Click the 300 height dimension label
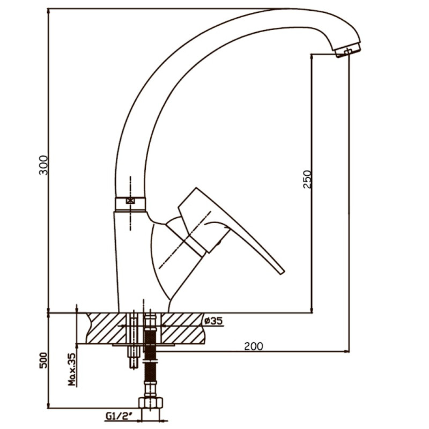tap(43, 165)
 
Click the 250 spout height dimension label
tap(307, 179)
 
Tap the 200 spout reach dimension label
tap(253, 346)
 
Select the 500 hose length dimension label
tap(43, 360)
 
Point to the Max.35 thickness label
tap(72, 369)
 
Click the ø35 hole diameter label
tap(213, 320)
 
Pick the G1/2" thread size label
tap(119, 416)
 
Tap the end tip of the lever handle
tap(282, 272)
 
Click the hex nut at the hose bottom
tap(151, 403)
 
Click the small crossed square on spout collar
tap(130, 201)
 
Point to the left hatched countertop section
tap(106, 328)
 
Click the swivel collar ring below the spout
tap(130, 204)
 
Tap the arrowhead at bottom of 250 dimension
tap(312, 309)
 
